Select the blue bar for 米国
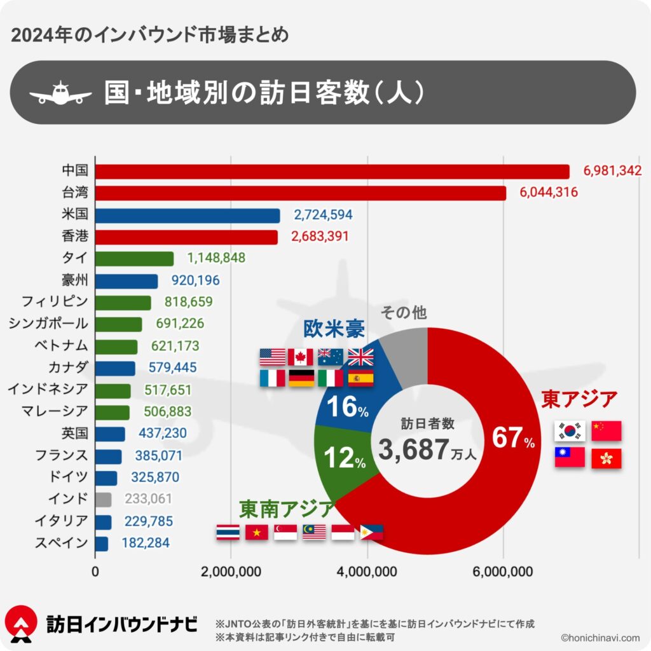(x=188, y=216)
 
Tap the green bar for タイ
(x=134, y=259)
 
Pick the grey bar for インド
(x=103, y=500)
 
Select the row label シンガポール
(x=48, y=324)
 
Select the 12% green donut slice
(x=343, y=459)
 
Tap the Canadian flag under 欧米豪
(x=301, y=357)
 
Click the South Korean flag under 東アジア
(x=570, y=430)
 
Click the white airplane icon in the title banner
(x=61, y=93)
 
